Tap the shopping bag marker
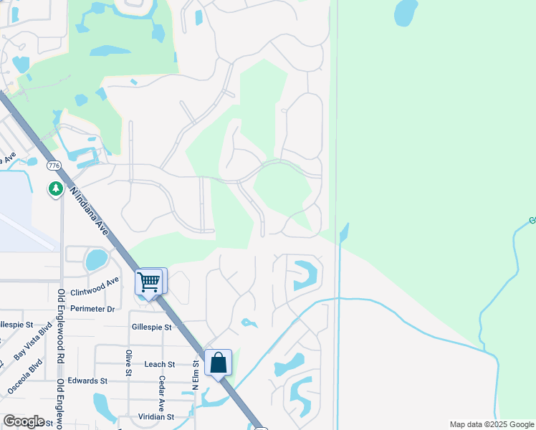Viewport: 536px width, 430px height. click(219, 363)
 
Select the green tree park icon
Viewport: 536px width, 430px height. click(55, 188)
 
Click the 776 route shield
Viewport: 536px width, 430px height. click(53, 166)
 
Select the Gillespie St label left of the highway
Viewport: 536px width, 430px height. click(152, 327)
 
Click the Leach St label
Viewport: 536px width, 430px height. click(159, 364)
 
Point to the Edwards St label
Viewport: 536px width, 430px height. click(89, 381)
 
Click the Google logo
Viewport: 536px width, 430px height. click(24, 421)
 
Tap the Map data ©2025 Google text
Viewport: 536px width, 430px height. click(491, 424)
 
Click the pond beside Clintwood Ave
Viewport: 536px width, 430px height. click(96, 259)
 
